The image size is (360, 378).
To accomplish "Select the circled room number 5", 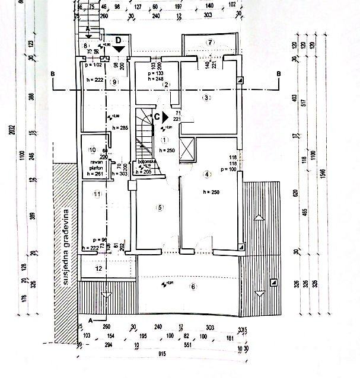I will (x=159, y=207).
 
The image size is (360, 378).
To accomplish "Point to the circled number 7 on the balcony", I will (x=209, y=42).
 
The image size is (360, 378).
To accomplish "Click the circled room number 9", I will (x=114, y=82).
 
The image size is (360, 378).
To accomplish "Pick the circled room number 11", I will (x=97, y=193).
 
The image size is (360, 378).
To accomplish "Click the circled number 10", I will (x=92, y=150).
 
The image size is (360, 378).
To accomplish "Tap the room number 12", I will (x=98, y=269).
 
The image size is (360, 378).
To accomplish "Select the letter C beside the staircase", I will (x=157, y=117).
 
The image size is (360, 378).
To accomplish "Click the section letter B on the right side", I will (x=278, y=74).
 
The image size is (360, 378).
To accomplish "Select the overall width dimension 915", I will (x=161, y=355).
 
